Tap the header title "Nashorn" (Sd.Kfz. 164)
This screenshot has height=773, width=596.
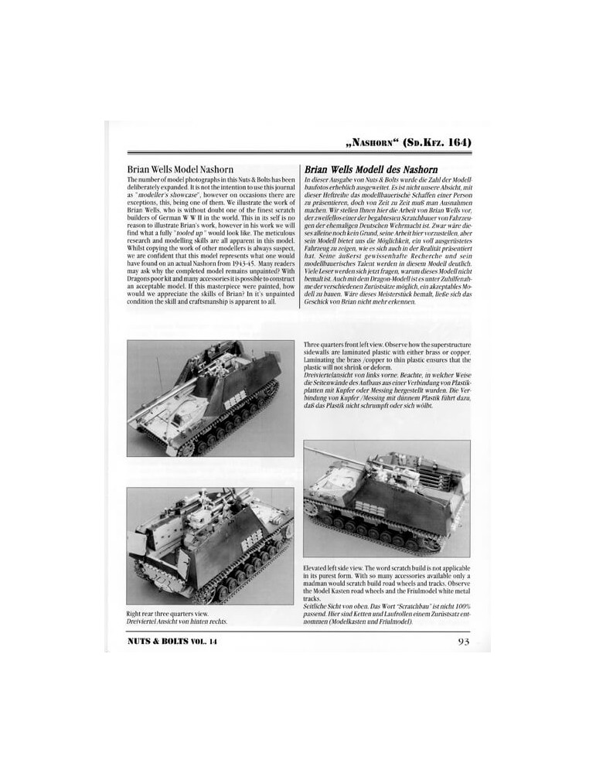click(407, 144)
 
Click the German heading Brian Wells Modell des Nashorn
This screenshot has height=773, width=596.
click(372, 169)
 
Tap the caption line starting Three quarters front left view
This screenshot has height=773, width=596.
click(387, 342)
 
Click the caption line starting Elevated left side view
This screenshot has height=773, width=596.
click(384, 570)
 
